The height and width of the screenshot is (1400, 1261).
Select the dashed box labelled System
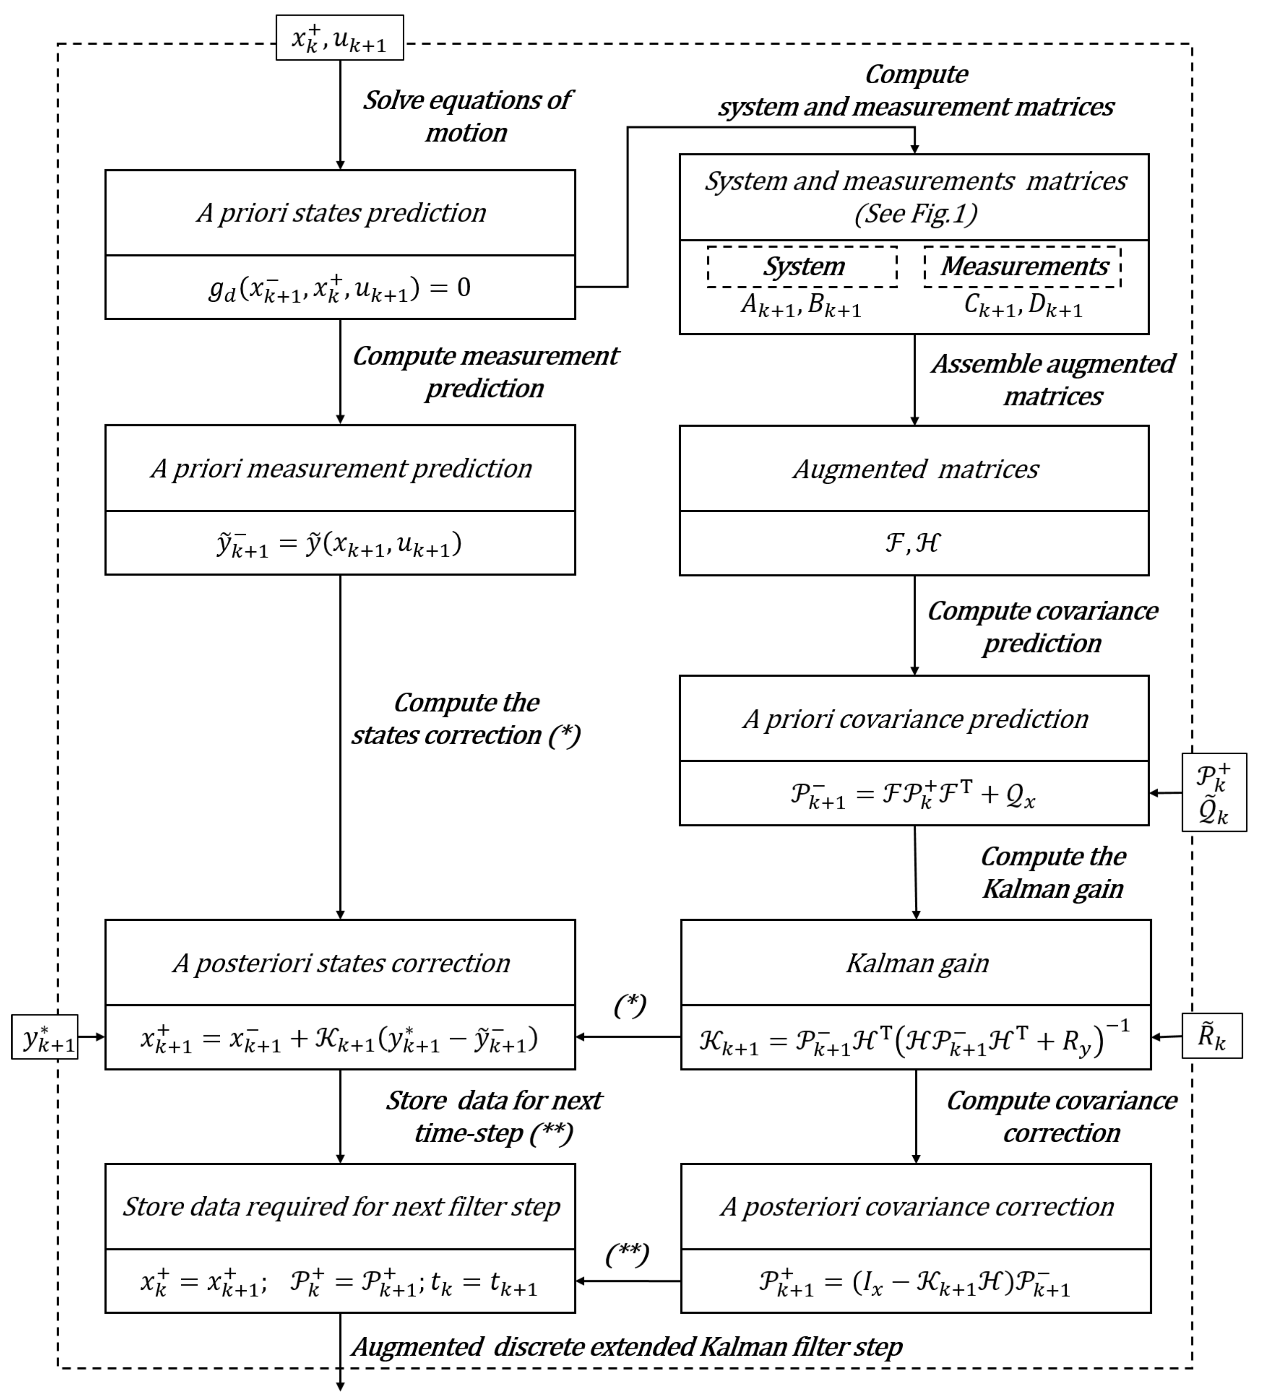(x=802, y=267)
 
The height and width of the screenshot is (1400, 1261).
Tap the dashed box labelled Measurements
(x=1023, y=267)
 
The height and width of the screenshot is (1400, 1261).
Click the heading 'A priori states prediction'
(x=341, y=213)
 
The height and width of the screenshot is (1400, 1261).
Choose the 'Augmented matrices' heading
(x=915, y=469)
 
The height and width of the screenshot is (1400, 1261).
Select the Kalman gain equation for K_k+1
(x=915, y=1037)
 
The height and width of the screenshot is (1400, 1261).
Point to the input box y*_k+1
(x=46, y=1037)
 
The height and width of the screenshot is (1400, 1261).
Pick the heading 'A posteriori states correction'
(x=341, y=963)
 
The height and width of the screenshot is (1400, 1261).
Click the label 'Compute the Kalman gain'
(x=1053, y=873)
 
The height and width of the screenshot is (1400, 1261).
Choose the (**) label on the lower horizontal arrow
(x=627, y=1254)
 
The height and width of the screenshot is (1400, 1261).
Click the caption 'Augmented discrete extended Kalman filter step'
(x=627, y=1347)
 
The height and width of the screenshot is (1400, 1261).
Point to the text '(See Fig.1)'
(x=915, y=213)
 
